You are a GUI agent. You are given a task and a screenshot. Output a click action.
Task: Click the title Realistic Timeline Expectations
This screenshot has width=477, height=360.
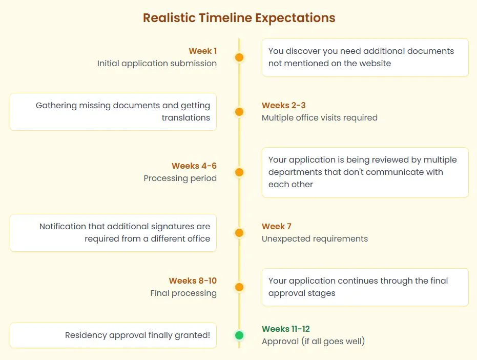pos(239,18)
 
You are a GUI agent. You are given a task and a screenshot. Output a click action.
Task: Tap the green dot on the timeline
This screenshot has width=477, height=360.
pos(239,335)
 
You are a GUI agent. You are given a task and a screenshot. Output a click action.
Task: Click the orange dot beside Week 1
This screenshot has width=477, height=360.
pos(239,57)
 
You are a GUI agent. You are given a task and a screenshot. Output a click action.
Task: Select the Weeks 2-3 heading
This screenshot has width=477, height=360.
pos(283,105)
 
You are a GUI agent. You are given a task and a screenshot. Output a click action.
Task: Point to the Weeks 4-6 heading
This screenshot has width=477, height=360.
pos(194,166)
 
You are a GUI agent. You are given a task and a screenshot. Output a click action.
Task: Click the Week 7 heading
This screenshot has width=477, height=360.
pos(277,226)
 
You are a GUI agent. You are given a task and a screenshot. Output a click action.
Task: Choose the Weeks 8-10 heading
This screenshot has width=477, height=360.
pos(193,281)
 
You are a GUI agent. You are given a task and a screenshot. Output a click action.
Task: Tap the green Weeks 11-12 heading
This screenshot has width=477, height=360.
pos(286,329)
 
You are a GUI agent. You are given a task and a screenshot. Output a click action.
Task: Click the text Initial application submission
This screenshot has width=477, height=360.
pos(157,64)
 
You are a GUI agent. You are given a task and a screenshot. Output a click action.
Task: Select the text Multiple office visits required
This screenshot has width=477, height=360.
pos(319,117)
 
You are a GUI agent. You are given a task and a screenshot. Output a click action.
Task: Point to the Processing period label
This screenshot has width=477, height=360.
pos(180,178)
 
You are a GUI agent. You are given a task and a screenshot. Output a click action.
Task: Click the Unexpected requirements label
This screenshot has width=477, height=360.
pos(315,239)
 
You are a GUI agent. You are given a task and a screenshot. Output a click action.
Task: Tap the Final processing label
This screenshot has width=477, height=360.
pos(183,293)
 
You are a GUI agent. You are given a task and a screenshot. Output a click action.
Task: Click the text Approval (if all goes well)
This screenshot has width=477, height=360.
pos(314,341)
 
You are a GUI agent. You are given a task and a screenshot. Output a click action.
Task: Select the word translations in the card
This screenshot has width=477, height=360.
pos(186,117)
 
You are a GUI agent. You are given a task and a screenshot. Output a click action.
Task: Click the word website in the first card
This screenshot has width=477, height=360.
pos(375,64)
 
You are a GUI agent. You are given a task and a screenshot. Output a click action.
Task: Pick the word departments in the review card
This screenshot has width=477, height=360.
pos(295,172)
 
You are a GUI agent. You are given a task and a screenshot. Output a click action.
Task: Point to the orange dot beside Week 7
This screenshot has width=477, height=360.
pos(239,233)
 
